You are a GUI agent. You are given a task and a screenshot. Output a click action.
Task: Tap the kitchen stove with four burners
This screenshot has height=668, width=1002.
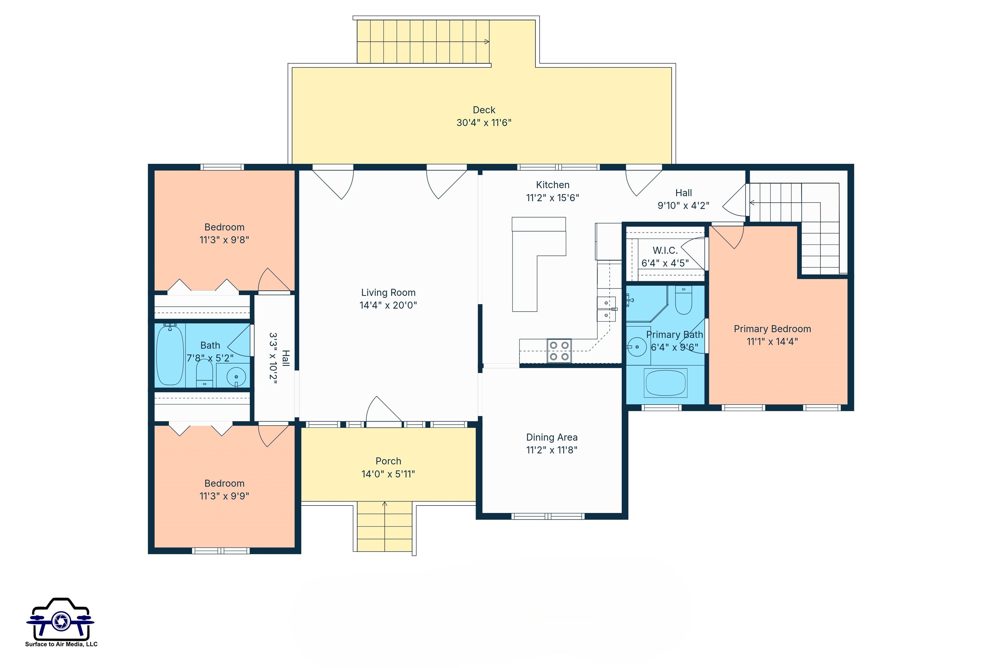tap(559, 351)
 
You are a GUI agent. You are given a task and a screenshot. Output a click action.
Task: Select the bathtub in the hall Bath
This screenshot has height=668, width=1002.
tap(170, 355)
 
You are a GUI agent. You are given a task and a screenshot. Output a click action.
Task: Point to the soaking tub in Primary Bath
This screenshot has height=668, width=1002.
tap(665, 383)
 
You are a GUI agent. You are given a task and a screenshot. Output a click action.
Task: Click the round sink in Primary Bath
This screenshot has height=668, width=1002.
tap(637, 347)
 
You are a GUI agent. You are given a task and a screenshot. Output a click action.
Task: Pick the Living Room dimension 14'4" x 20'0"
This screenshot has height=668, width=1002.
tap(388, 305)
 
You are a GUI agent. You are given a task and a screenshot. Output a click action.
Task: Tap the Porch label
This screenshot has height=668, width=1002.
tap(388, 461)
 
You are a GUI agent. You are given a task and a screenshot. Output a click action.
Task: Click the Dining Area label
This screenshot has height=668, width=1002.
tap(552, 437)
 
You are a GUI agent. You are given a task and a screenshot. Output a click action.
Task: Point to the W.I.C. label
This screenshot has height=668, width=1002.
tap(665, 250)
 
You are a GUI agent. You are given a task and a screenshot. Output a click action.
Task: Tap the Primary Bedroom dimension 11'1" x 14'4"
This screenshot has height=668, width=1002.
tap(772, 341)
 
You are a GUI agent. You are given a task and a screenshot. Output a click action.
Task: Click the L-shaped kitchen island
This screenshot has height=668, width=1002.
tap(533, 256)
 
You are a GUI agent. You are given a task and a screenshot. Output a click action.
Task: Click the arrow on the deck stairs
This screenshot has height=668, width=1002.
tap(487, 42)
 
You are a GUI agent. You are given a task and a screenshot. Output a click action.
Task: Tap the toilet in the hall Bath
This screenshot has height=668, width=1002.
tap(205, 373)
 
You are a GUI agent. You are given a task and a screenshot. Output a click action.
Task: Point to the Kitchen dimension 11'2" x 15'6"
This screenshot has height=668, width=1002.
tap(552, 198)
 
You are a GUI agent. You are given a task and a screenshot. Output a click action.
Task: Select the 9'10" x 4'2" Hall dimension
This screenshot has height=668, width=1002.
tap(683, 206)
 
